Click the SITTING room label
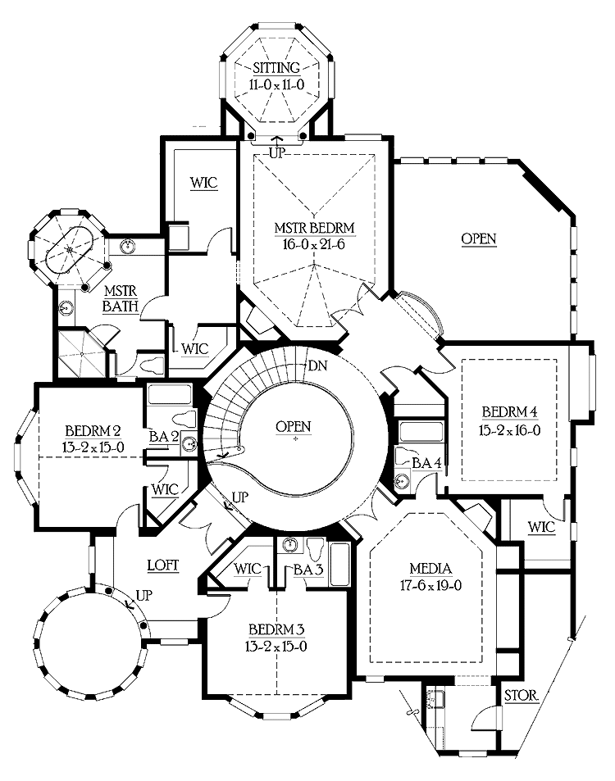(276, 68)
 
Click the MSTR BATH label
(119, 300)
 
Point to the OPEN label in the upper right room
(479, 238)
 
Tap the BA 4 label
(426, 464)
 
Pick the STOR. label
(522, 696)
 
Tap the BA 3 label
(306, 569)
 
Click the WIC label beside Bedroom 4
(540, 527)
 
